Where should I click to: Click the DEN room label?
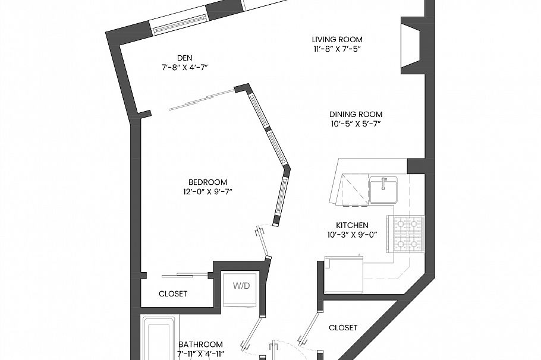[184, 57]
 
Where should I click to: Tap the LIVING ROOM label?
[337, 39]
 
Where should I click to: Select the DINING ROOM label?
[356, 114]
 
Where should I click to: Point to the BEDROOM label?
[208, 182]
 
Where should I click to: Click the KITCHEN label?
[353, 225]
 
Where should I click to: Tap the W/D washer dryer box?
[241, 286]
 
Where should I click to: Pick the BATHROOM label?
[201, 345]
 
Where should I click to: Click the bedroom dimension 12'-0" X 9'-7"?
[208, 192]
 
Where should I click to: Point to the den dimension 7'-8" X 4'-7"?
[184, 67]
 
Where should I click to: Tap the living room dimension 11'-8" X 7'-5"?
[337, 49]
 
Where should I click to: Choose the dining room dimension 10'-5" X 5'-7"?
[356, 124]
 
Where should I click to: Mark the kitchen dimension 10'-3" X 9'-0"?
[353, 235]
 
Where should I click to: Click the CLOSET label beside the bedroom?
[173, 293]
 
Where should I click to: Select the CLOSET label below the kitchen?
[343, 327]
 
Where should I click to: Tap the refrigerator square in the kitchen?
[344, 274]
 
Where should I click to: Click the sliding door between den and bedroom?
[200, 99]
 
